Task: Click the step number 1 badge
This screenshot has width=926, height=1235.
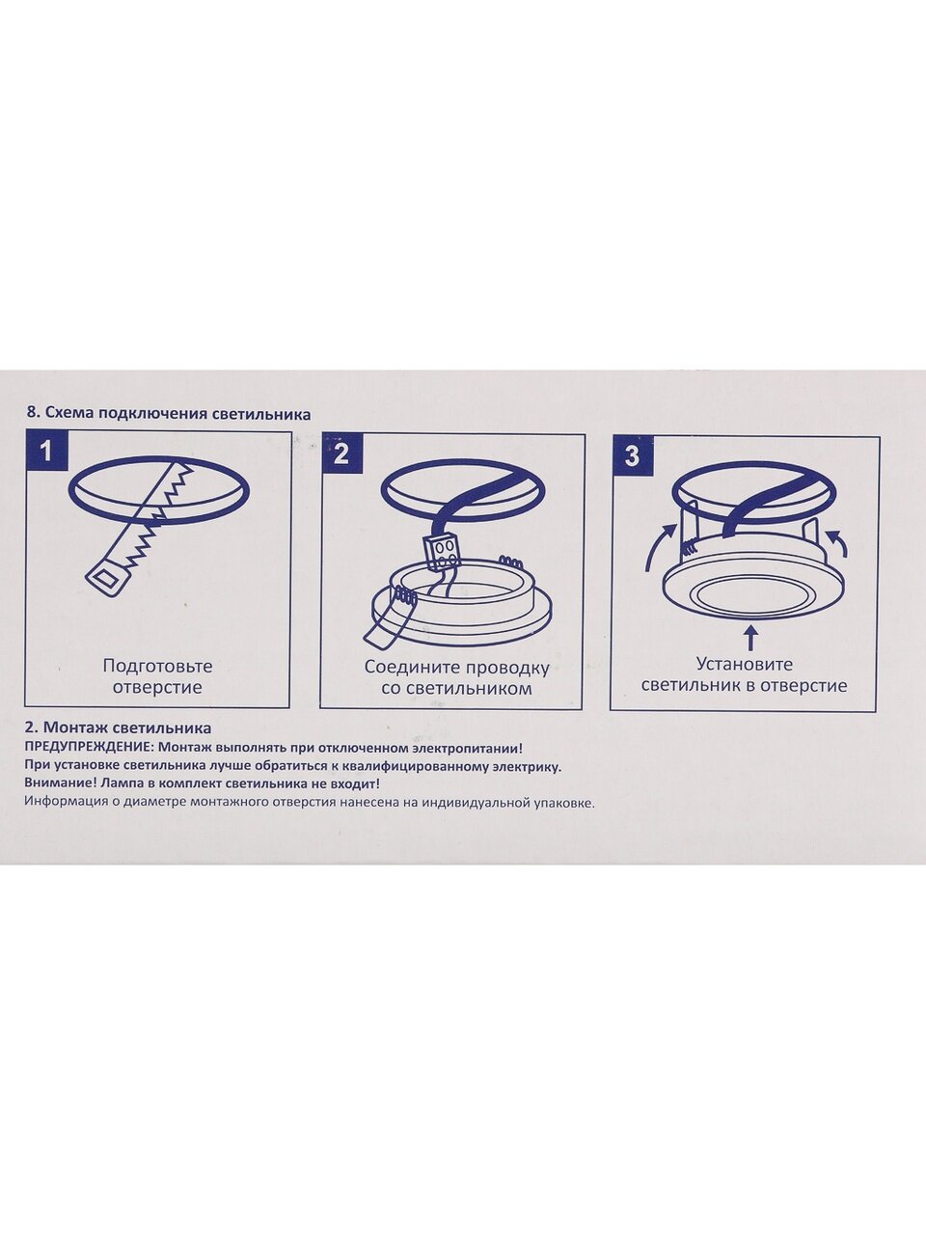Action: coord(46,452)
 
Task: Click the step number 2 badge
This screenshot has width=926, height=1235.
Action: coord(341,454)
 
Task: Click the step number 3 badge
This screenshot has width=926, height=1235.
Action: coord(632,456)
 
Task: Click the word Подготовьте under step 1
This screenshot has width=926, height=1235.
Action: coord(157,666)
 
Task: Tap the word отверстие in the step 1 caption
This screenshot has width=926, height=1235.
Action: coord(157,688)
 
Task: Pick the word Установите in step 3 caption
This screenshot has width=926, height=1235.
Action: coord(745,665)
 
